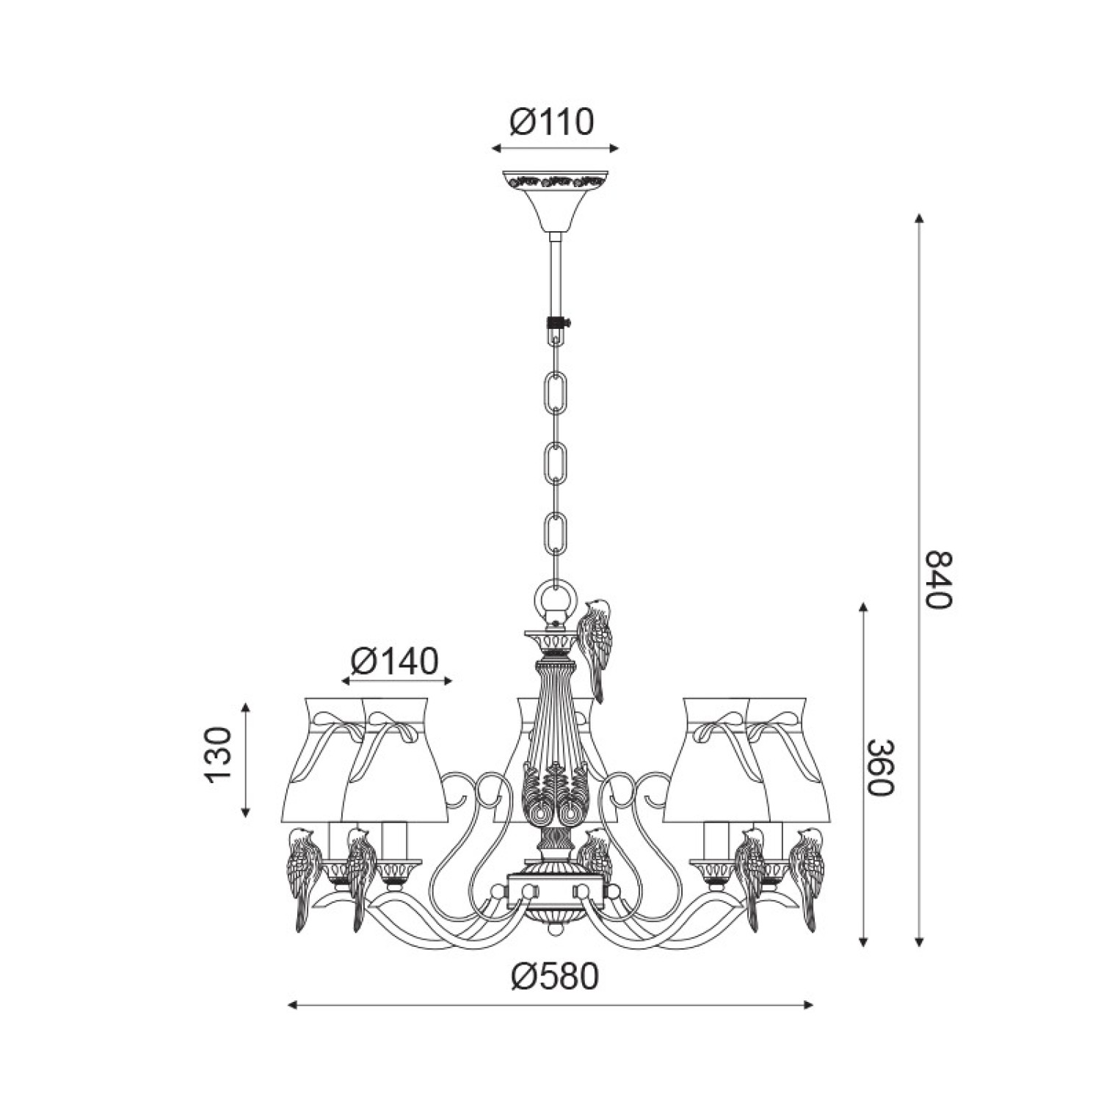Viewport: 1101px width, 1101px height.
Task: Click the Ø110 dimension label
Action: pos(551,122)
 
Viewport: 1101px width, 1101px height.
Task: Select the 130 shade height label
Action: pos(219,757)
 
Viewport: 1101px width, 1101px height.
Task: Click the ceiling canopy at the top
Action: pos(555,200)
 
